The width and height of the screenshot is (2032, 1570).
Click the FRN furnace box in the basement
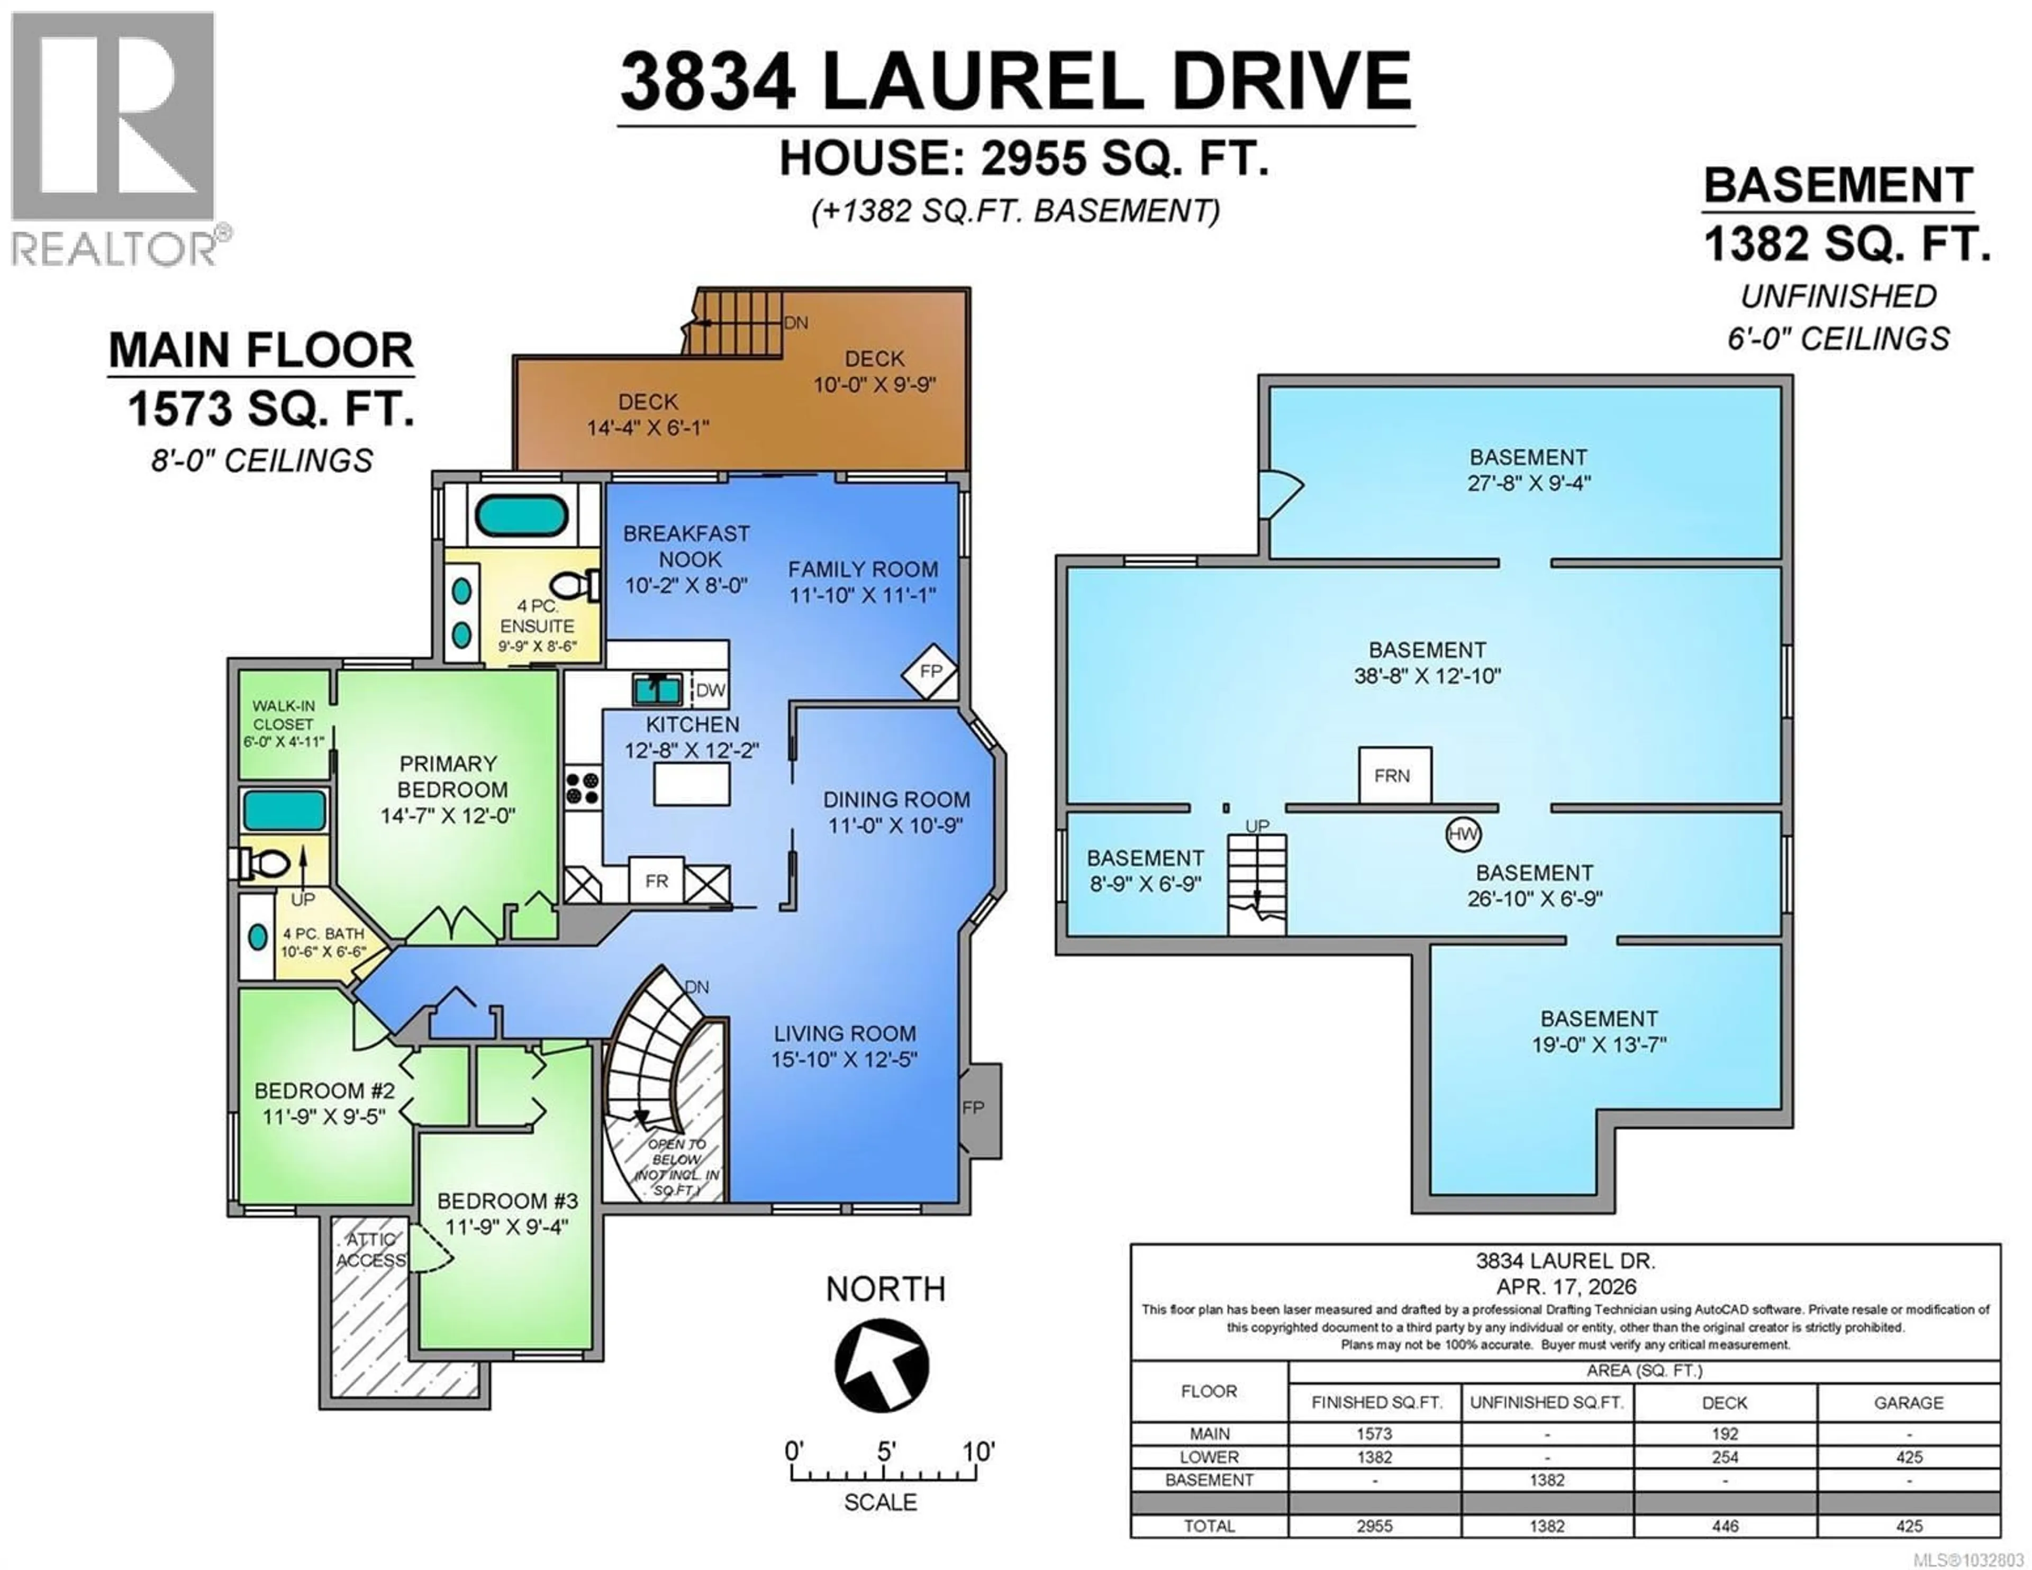pyautogui.click(x=1394, y=775)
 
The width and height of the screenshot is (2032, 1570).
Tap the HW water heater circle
pyautogui.click(x=1463, y=834)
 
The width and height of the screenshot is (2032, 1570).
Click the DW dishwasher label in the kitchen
pyautogui.click(x=710, y=689)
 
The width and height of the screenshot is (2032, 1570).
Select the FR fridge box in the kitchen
pyautogui.click(x=657, y=882)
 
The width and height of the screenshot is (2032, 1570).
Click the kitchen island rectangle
pyautogui.click(x=691, y=784)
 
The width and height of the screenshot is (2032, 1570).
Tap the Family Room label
pyautogui.click(x=863, y=569)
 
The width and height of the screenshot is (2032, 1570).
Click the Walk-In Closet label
pyautogui.click(x=284, y=715)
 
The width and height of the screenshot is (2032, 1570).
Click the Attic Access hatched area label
pyautogui.click(x=371, y=1250)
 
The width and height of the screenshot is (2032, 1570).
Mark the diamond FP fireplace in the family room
pyautogui.click(x=929, y=671)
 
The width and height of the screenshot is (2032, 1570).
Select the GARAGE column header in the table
pyautogui.click(x=1908, y=1402)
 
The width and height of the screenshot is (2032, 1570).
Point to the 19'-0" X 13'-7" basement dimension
pyautogui.click(x=1599, y=1044)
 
